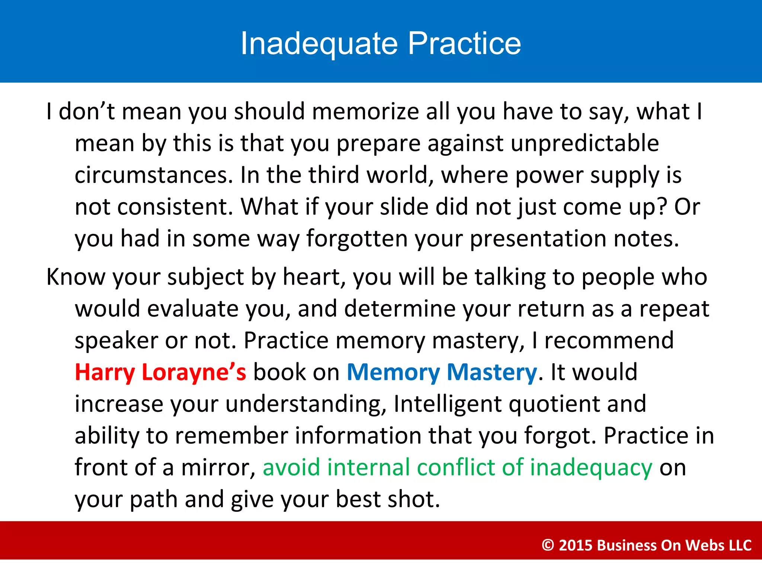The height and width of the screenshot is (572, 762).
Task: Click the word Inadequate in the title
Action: coord(319,44)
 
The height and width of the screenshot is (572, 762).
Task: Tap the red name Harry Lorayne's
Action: coord(160,372)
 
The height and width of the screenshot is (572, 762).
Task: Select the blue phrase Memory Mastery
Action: coord(442,372)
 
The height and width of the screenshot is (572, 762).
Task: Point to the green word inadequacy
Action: coord(591,468)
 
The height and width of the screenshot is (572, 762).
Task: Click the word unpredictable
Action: coord(585,143)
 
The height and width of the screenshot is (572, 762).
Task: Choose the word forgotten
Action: coord(357,239)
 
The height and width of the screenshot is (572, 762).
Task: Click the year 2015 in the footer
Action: coord(575,545)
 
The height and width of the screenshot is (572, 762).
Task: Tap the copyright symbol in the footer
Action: coord(548,545)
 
